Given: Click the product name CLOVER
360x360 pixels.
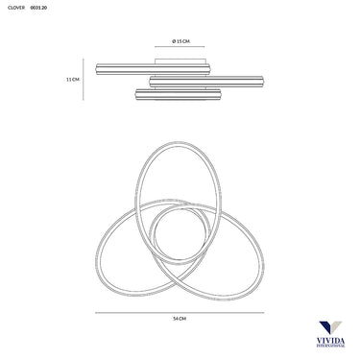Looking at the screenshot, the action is tap(16, 8).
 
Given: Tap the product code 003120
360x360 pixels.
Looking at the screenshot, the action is tap(38, 8).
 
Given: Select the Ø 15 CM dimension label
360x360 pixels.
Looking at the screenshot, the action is tap(180, 41).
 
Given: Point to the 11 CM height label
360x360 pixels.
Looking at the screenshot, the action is tap(73, 80).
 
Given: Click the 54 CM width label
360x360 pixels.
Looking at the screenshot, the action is tap(180, 319).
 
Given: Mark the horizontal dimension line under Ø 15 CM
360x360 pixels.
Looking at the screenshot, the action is tap(180, 47).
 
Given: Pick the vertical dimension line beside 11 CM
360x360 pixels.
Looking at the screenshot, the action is tap(84, 80).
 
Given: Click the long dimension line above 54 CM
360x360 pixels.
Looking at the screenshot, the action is tap(180, 313).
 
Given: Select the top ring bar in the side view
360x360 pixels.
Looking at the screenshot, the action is tap(153, 69).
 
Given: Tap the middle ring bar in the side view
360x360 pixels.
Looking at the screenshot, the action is tap(206, 82).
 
